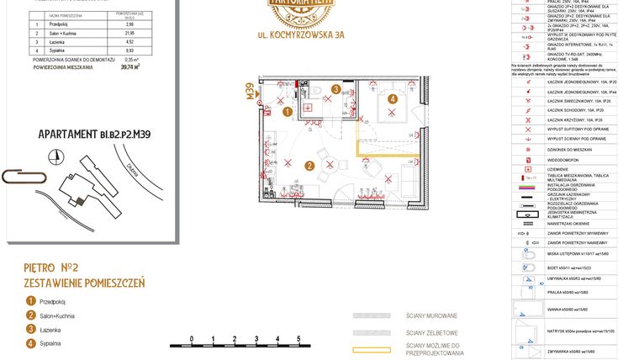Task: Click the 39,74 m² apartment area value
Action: (x=130, y=67)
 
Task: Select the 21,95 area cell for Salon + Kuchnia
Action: (x=129, y=33)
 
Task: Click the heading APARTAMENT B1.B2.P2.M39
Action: (x=94, y=133)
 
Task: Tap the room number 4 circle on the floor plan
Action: (x=392, y=99)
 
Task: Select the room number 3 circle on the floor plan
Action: (x=335, y=88)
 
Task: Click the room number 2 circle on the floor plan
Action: (x=309, y=166)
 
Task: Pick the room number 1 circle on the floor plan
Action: (x=287, y=110)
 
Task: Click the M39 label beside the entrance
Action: (x=250, y=91)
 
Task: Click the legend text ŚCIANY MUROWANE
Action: (x=431, y=316)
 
